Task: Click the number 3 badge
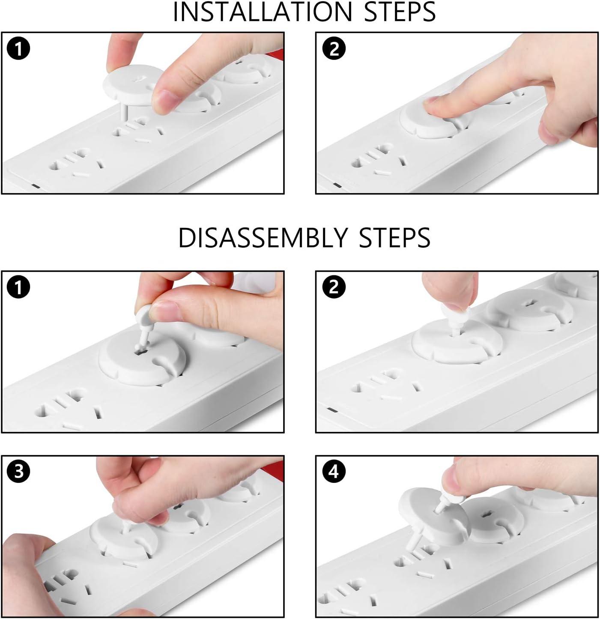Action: (x=18, y=472)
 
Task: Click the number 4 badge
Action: (x=334, y=472)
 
